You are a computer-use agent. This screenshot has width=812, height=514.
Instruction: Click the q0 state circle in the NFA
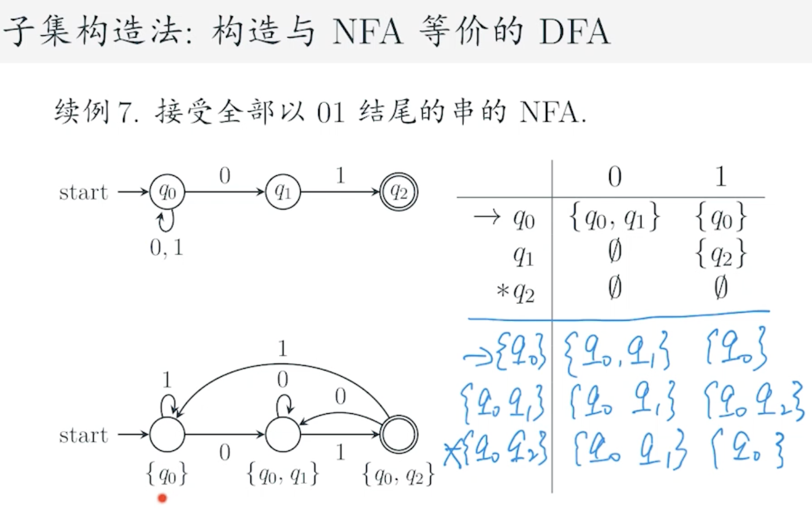tap(167, 192)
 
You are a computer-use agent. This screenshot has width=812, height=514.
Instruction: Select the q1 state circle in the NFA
tap(283, 192)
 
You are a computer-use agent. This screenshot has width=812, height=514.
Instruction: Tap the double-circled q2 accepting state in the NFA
tap(398, 192)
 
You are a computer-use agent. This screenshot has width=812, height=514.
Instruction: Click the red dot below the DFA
tap(163, 498)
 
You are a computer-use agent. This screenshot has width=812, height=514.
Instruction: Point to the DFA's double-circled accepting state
tap(398, 435)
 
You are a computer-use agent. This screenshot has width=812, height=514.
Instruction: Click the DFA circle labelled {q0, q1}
tap(283, 435)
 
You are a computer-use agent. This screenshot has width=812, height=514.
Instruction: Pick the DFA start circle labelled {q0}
tap(167, 435)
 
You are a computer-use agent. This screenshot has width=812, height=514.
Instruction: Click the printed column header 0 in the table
tap(614, 177)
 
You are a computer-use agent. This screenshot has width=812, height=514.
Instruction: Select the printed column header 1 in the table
tap(720, 177)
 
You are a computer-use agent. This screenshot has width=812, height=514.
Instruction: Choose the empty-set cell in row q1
tap(614, 252)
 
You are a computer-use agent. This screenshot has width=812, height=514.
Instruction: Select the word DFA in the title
tap(574, 31)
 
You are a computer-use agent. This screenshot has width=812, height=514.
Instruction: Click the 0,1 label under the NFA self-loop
tap(167, 248)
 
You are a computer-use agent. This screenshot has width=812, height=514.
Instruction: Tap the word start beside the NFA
tap(83, 192)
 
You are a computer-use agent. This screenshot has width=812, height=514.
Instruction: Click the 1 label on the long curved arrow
tap(282, 348)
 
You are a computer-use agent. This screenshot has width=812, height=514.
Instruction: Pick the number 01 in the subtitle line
tap(331, 112)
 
